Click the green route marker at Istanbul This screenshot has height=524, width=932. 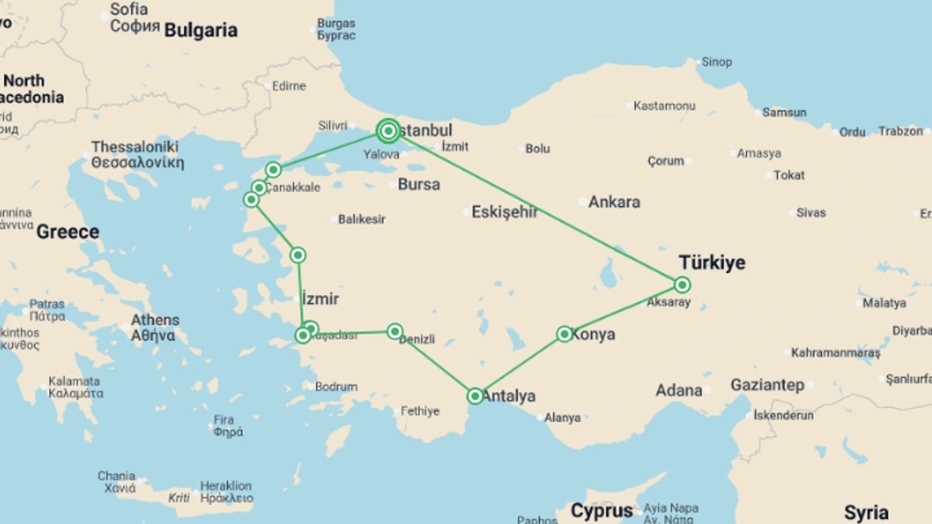coord(388,131)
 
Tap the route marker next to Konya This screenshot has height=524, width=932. coord(564,334)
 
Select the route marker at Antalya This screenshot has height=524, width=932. coord(475,396)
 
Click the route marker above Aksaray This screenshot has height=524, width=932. coord(682,285)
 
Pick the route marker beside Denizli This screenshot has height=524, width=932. coord(395,331)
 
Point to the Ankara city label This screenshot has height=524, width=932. coord(614,202)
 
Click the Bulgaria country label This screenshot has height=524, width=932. coord(200,30)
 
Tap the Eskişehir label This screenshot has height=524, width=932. coord(504,212)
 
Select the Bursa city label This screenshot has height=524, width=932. coord(418,184)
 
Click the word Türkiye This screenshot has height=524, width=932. coord(712,262)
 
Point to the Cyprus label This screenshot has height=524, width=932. coord(601,510)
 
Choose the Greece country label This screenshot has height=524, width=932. coord(67,232)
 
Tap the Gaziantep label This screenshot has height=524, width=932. coord(767,385)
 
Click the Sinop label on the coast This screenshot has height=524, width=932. coord(716,62)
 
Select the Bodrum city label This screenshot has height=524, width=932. coord(336,387)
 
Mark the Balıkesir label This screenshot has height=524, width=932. coord(362,219)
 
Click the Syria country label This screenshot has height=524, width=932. coord(866,512)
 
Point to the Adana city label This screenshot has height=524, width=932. coord(679,391)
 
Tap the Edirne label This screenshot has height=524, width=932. coord(289,86)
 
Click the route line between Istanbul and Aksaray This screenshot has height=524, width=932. coord(534,207)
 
